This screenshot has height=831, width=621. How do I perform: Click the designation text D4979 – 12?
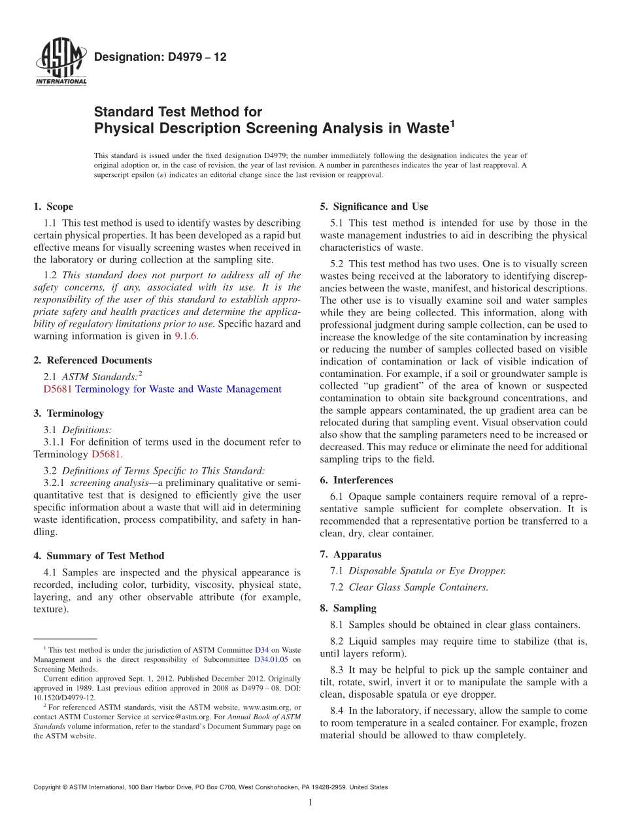coord(160,57)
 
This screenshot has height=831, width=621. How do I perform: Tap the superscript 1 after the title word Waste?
coord(450,123)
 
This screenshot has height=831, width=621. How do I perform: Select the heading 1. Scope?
coord(53,206)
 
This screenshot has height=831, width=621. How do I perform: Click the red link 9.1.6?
coord(186,336)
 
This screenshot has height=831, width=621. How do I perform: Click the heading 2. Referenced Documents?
coord(92,360)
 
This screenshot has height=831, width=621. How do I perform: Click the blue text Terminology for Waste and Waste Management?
coord(178,389)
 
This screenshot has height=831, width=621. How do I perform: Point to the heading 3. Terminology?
coord(68,413)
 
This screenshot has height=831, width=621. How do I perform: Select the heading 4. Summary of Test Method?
coord(99,556)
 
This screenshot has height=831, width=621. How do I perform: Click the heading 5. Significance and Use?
coord(374,206)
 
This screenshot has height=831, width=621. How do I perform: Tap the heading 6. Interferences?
coord(356,480)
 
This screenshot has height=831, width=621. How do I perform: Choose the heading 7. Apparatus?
coord(350,554)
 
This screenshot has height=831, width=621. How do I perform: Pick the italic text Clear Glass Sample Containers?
coord(418,587)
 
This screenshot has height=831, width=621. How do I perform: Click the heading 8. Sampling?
coord(348,608)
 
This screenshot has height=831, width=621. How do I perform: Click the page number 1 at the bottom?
coord(310,802)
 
